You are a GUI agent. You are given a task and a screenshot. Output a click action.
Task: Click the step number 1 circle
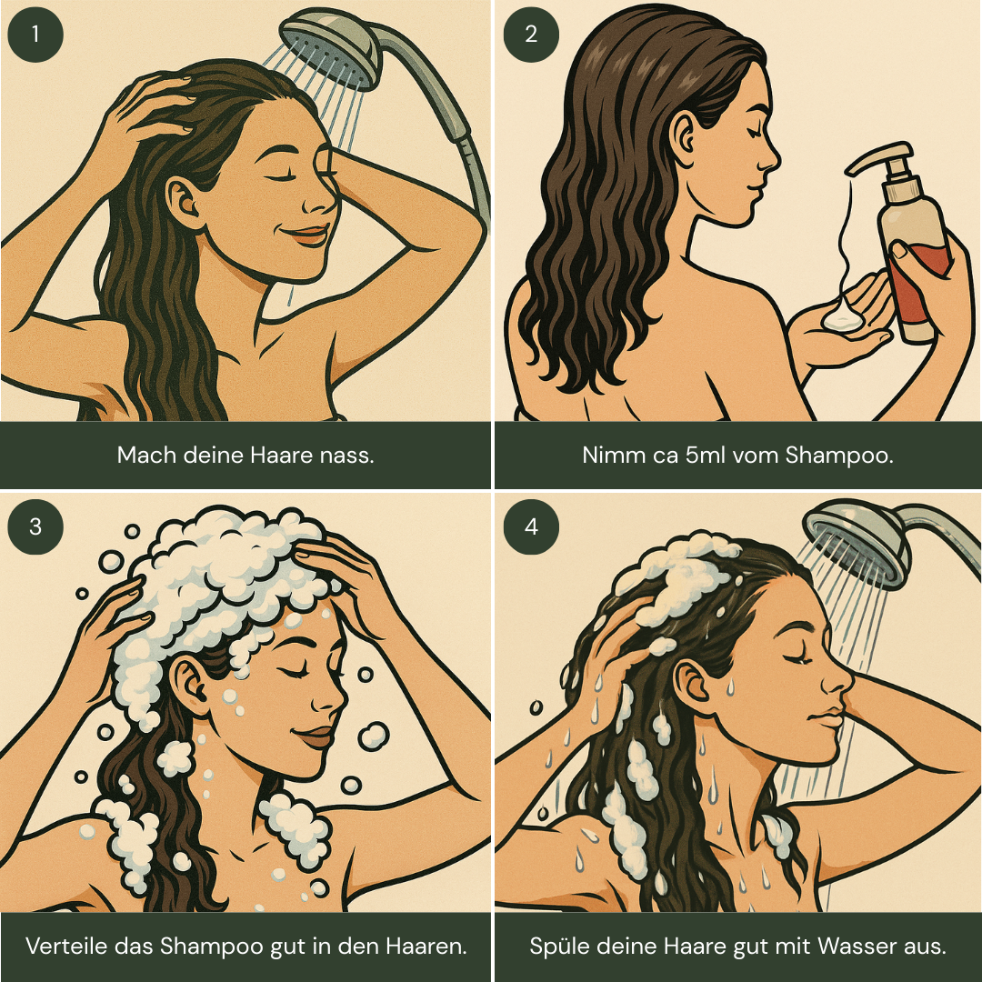35,35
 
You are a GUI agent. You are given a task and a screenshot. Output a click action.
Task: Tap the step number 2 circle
531,35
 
